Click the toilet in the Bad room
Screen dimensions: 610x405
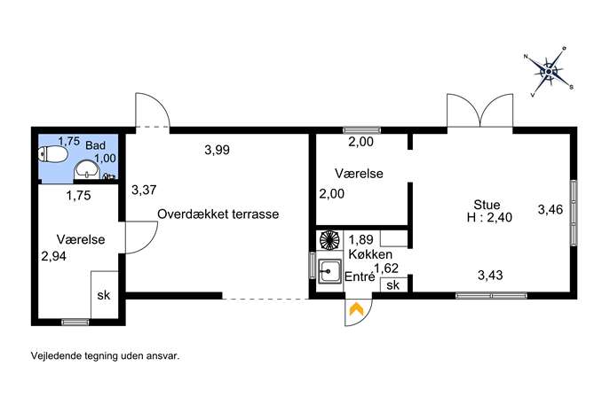pyautogui.click(x=52, y=154)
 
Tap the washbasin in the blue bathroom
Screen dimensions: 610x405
pyautogui.click(x=87, y=170)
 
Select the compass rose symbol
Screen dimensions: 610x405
pyautogui.click(x=549, y=72)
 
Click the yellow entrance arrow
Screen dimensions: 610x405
pyautogui.click(x=356, y=308)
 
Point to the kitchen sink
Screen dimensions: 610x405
pyautogui.click(x=330, y=271)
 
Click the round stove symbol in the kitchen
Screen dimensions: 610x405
pyautogui.click(x=329, y=239)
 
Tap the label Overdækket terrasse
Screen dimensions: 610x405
pyautogui.click(x=218, y=214)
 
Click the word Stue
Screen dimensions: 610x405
pyautogui.click(x=487, y=205)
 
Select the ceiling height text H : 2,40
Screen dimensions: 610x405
pyautogui.click(x=489, y=217)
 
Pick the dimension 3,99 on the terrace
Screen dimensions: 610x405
pyautogui.click(x=217, y=150)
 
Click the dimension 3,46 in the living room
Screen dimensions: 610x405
pyautogui.click(x=551, y=210)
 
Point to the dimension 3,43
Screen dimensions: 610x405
pyautogui.click(x=490, y=276)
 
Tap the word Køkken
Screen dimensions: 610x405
pyautogui.click(x=370, y=254)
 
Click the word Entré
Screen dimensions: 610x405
pyautogui.click(x=360, y=276)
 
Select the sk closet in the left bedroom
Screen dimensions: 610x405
pyautogui.click(x=104, y=295)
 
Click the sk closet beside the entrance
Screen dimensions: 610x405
pyautogui.click(x=393, y=285)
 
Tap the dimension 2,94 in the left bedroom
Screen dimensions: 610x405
pyautogui.click(x=53, y=256)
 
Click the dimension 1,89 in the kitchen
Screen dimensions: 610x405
pyautogui.click(x=360, y=239)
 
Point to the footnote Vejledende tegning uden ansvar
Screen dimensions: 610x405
pyautogui.click(x=105, y=356)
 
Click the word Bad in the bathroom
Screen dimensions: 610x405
pyautogui.click(x=95, y=145)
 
